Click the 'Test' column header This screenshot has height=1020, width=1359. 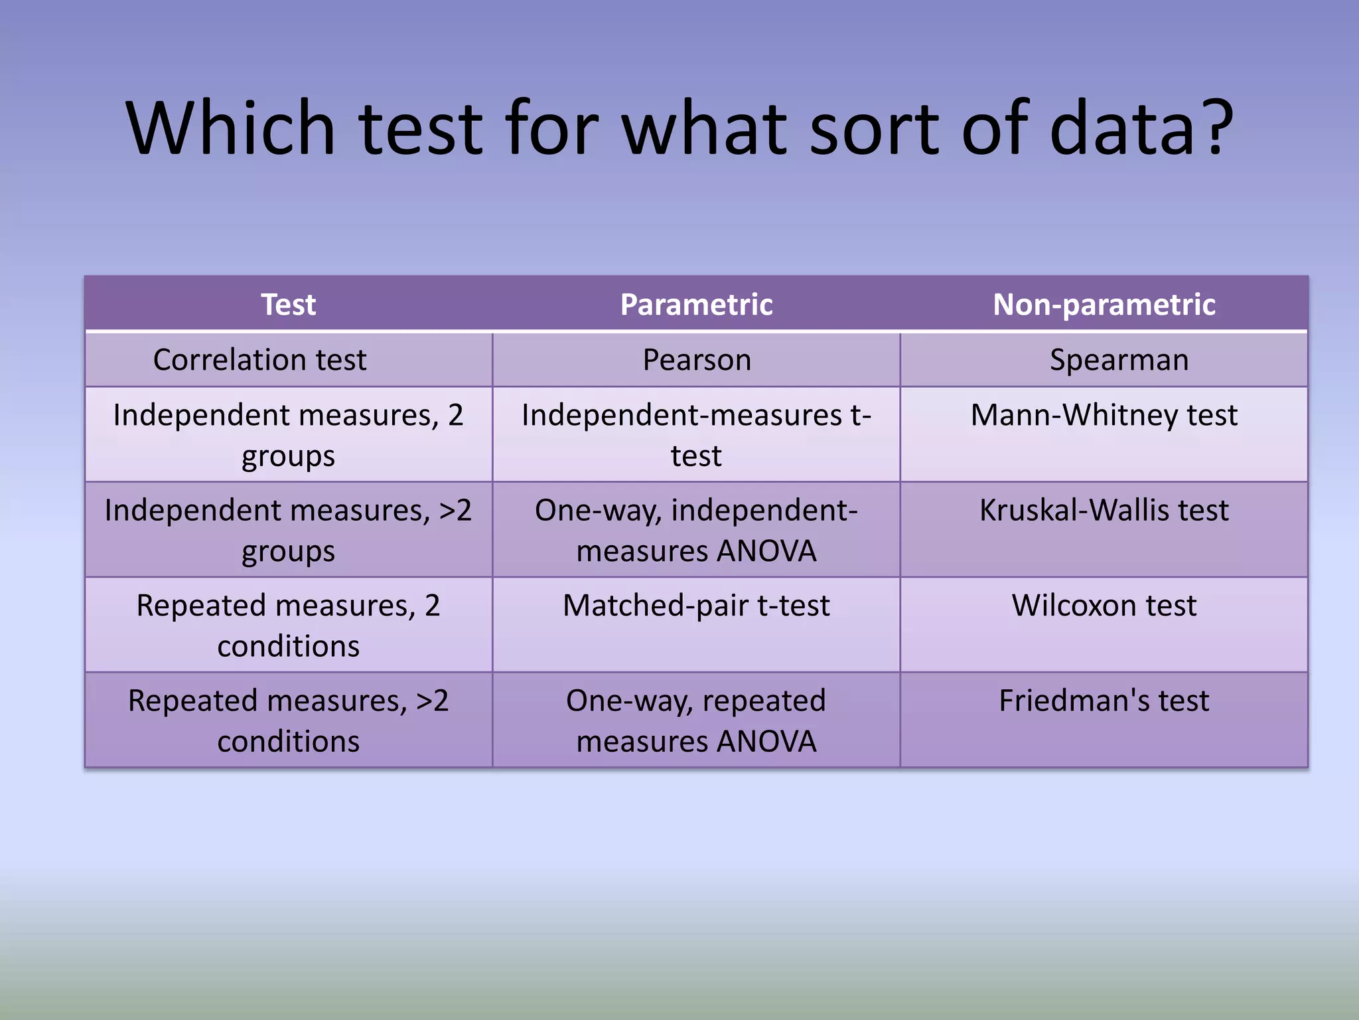pos(288,305)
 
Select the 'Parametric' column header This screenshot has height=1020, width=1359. pos(696,305)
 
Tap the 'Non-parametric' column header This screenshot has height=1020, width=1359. pos(1104,305)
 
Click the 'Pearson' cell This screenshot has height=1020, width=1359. pos(697,360)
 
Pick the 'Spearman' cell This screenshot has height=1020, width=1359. pos(1119,360)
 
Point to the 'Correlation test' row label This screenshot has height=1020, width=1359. pos(259,360)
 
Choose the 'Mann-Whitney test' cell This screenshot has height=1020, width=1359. pos(1104,415)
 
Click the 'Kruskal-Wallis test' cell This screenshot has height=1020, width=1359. pos(1104,510)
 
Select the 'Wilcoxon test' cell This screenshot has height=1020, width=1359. pos(1104,605)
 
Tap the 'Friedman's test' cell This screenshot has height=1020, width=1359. pos(1104,701)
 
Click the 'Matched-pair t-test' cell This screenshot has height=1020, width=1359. pos(696,605)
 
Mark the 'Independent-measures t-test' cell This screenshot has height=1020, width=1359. pos(696,435)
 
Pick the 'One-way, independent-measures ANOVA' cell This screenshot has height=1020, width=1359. pos(696,530)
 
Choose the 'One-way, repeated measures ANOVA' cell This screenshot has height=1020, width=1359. pos(696,721)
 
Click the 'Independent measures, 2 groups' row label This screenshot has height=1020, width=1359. pos(288,435)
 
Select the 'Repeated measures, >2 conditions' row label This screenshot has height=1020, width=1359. pos(288,721)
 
